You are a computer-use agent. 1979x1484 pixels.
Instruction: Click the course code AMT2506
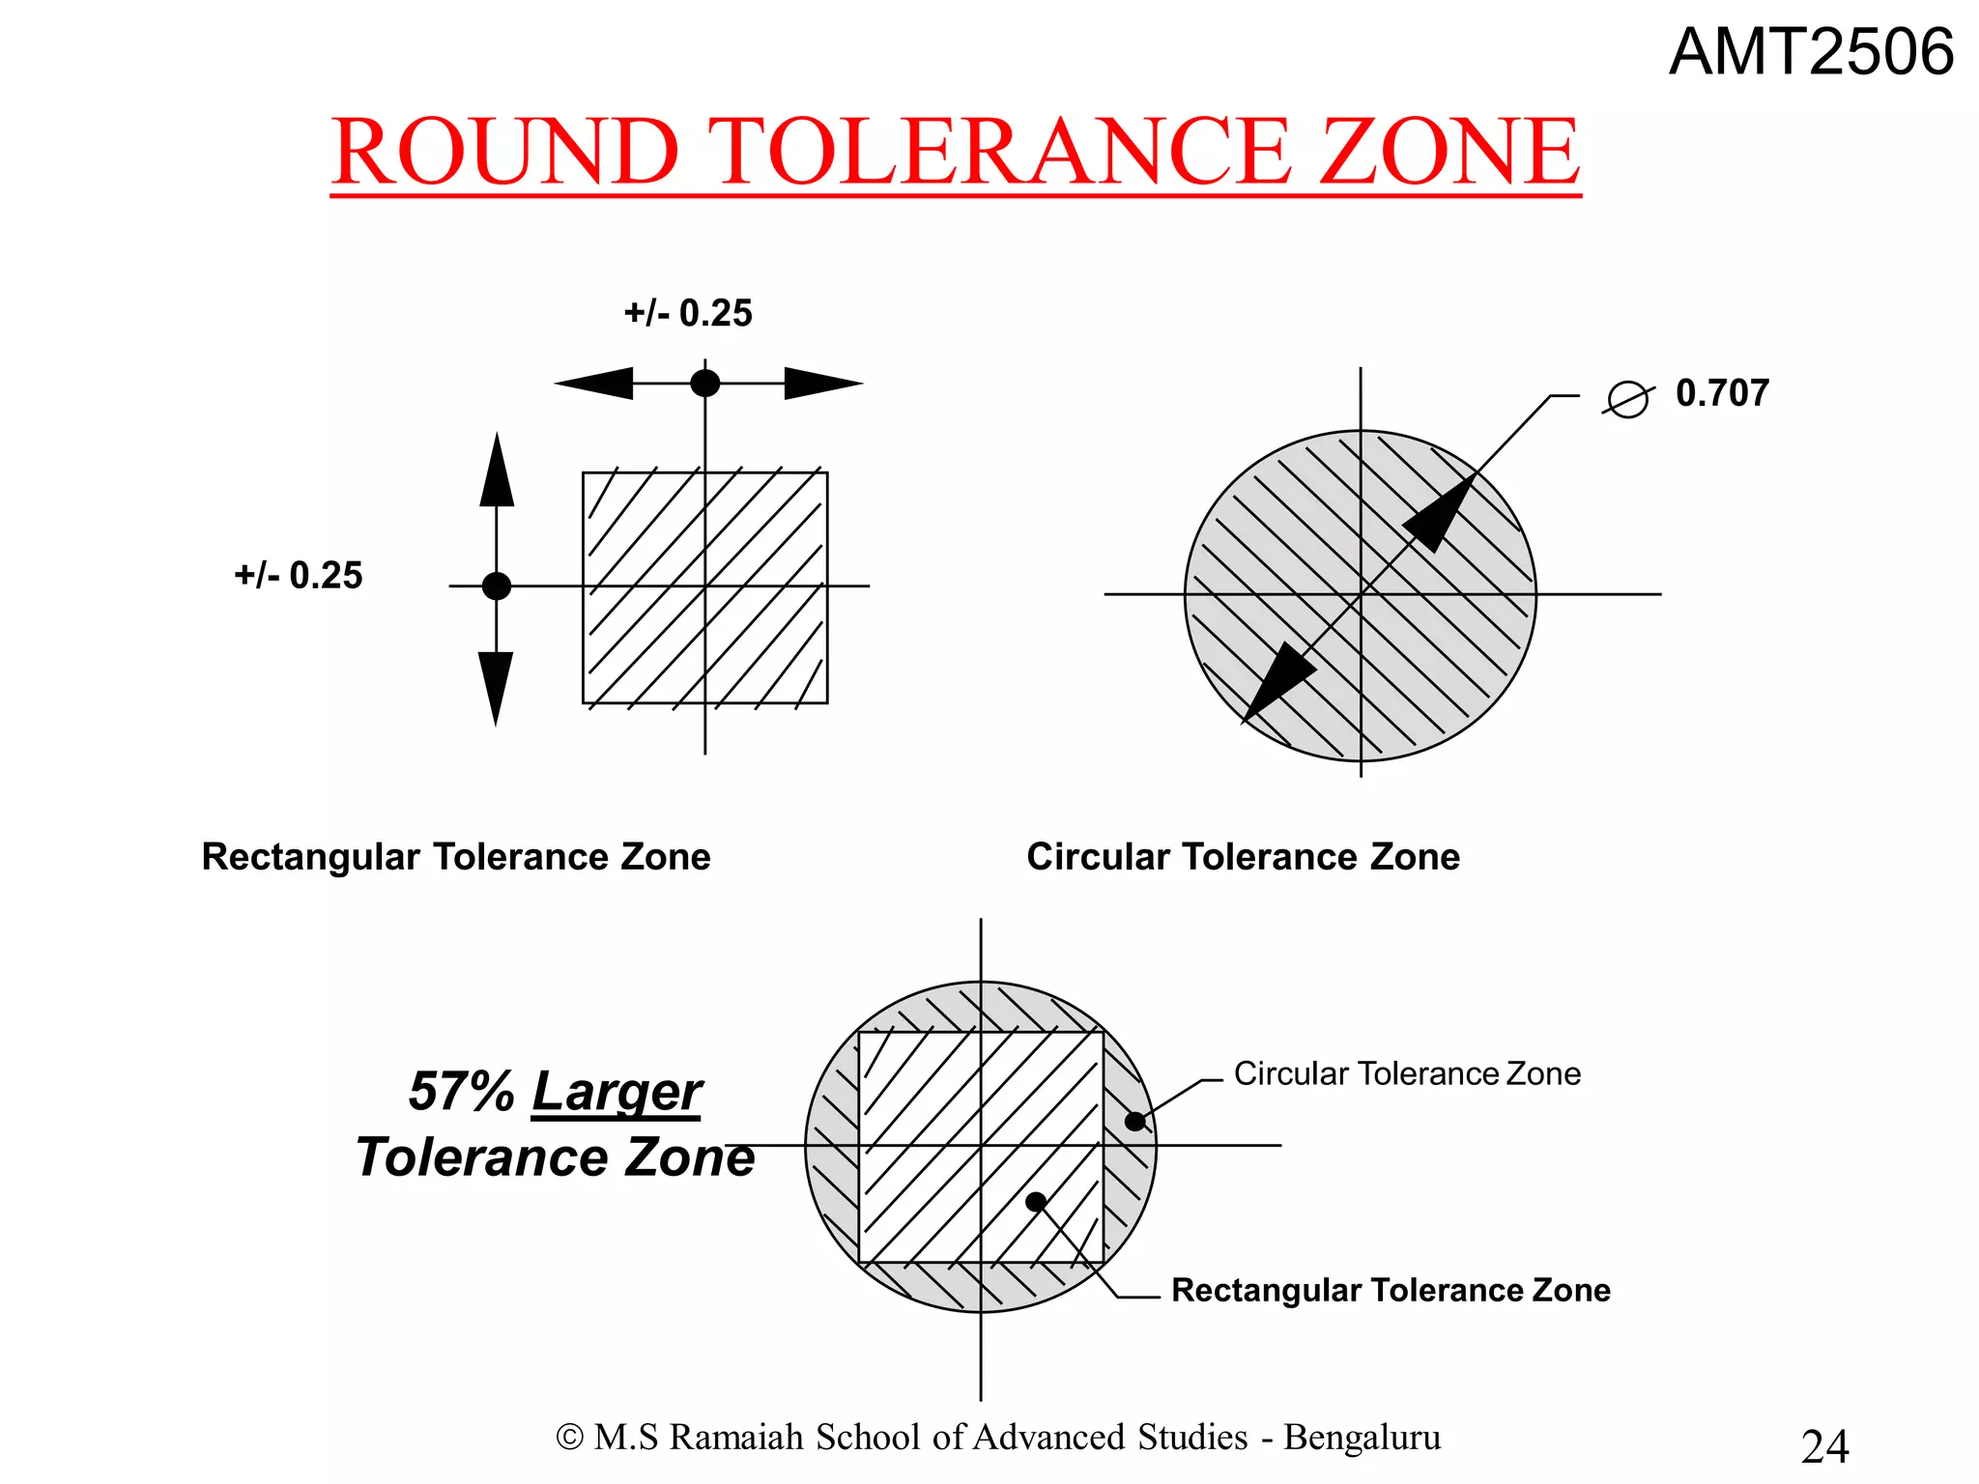[1811, 52]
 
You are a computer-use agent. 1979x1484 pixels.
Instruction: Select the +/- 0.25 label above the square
[688, 314]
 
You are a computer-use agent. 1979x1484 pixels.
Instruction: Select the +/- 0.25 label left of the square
[299, 576]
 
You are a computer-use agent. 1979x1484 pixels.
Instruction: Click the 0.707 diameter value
[1722, 393]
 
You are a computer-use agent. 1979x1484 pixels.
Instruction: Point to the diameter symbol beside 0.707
[1628, 399]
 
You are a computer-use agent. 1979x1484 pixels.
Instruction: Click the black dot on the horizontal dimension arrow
[705, 384]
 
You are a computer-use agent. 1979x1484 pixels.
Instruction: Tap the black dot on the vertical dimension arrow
[497, 585]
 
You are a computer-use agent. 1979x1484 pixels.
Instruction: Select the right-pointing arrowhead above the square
[821, 384]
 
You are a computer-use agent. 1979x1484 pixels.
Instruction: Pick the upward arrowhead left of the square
[497, 471]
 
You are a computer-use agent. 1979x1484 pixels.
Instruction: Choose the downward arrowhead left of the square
[496, 686]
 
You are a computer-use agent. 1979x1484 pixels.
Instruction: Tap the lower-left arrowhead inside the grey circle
[1276, 684]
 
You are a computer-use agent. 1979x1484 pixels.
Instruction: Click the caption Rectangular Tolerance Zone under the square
[456, 857]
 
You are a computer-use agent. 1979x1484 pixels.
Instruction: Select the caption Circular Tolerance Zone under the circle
[1243, 857]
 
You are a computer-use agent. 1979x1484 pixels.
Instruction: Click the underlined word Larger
[617, 1092]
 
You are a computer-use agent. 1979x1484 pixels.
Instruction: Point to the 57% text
[461, 1092]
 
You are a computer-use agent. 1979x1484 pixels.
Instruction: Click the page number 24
[1824, 1446]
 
